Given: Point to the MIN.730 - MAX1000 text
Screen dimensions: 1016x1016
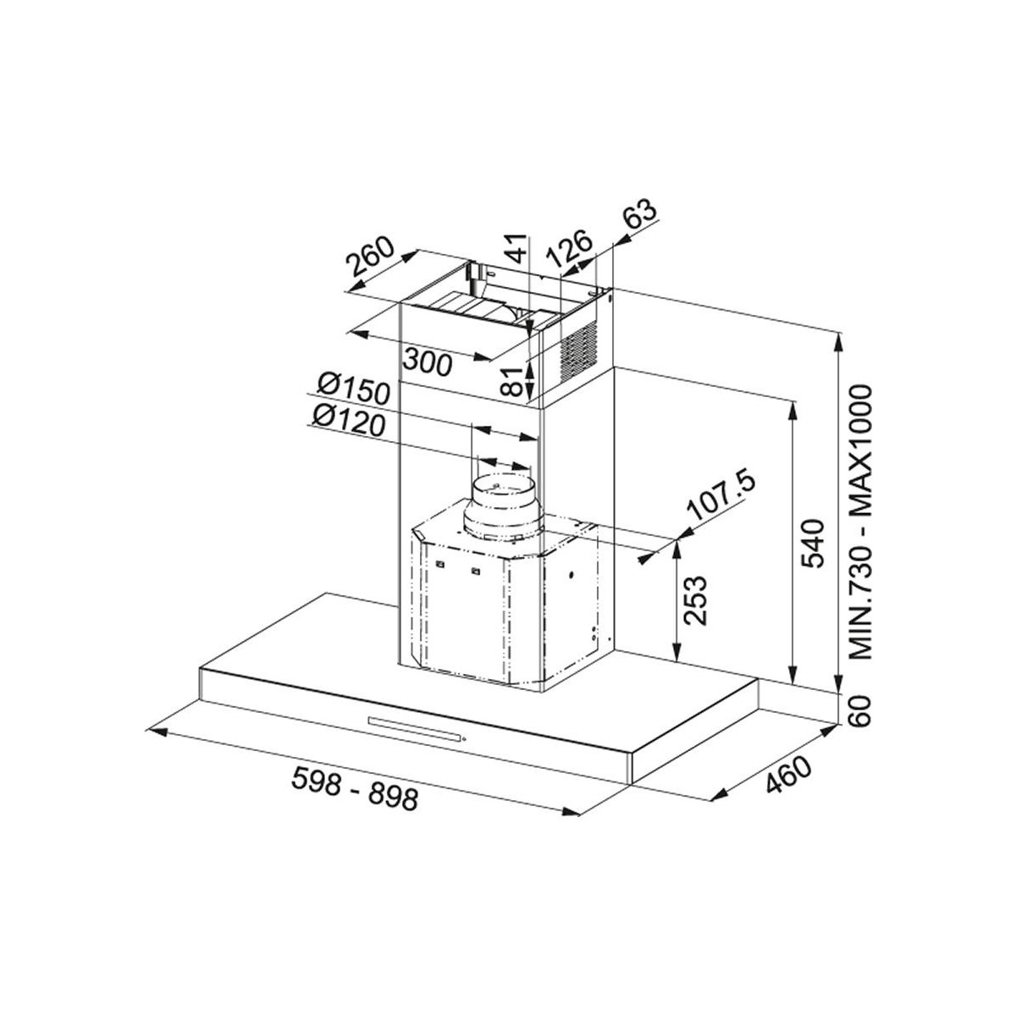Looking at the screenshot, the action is point(859,522).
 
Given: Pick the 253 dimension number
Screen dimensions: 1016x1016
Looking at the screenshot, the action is point(694,600).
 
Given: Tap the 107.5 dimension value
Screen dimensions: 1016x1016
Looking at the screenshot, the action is point(721,497).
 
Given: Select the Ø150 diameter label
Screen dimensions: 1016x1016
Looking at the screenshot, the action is point(354,391).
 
